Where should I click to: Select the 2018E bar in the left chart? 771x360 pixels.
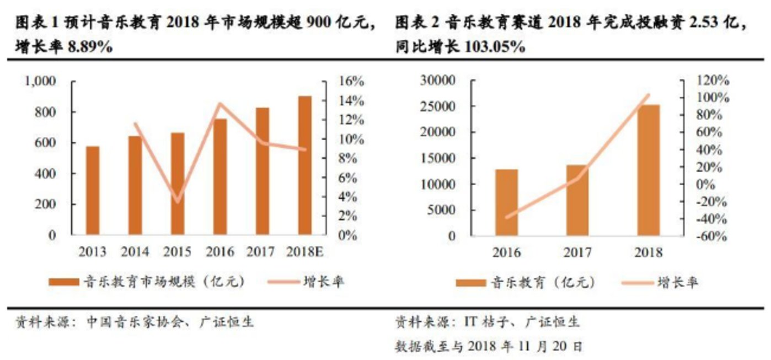(x=305, y=165)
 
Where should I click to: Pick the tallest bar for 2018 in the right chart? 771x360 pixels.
(x=648, y=170)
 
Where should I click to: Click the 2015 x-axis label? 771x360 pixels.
(x=178, y=252)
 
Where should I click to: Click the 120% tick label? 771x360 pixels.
(x=714, y=80)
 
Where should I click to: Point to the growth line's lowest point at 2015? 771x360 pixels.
(x=177, y=202)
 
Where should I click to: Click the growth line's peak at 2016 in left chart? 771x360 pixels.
(x=219, y=104)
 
